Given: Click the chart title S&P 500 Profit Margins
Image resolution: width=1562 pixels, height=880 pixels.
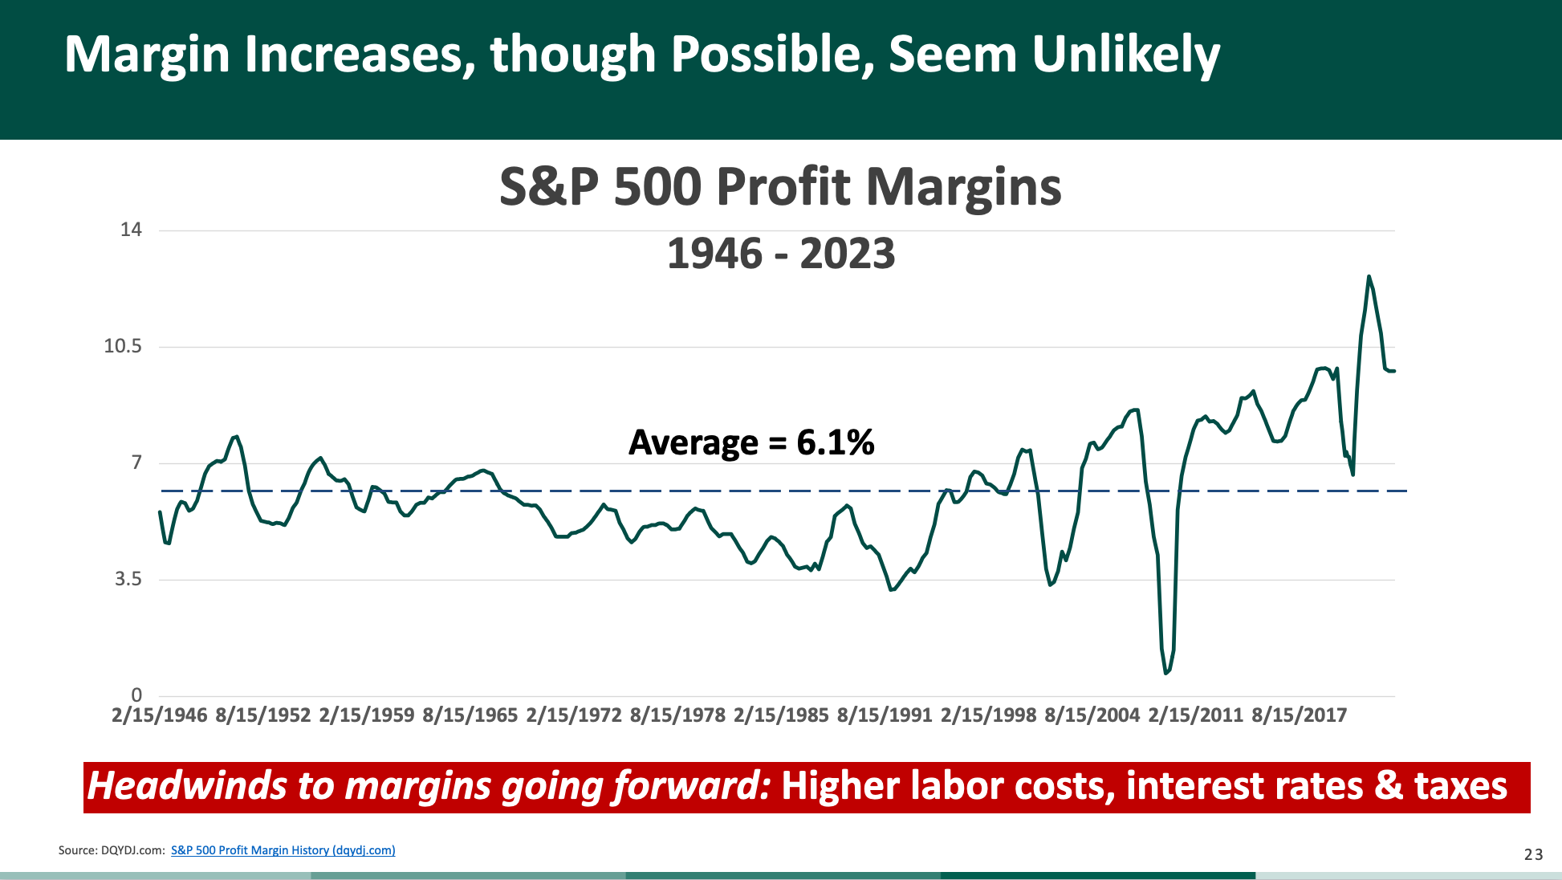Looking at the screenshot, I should point(780,187).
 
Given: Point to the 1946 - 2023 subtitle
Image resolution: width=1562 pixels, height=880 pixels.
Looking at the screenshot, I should point(780,254).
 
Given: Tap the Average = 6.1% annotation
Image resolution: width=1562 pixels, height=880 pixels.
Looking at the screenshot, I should point(750,442).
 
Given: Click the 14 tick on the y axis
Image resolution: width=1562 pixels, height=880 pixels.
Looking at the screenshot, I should point(131,230).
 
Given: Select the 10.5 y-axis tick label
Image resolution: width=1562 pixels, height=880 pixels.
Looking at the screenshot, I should point(123,346).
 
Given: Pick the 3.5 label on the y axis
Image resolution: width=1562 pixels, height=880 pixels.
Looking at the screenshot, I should point(128,579).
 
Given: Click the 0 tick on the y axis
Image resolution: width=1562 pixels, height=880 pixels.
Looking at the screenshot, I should point(136,695).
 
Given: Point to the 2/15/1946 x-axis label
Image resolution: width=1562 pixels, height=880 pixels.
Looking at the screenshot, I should point(159,715).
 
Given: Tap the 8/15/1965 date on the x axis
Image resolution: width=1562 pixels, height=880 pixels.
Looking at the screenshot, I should point(470,715).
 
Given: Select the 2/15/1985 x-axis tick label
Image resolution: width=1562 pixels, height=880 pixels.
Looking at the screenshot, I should point(780,715).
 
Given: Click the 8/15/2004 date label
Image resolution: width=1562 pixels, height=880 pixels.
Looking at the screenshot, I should point(1092,715).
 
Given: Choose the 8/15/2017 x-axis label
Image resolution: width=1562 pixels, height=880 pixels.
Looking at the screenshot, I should point(1299,715).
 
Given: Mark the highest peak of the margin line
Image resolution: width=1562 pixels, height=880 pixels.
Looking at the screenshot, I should point(1369,276).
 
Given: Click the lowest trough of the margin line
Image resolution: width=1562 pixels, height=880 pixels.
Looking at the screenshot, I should point(1165,673).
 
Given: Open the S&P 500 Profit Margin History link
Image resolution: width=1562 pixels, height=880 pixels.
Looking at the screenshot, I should point(283,850).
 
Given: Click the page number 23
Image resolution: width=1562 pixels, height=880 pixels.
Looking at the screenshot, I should point(1533,854).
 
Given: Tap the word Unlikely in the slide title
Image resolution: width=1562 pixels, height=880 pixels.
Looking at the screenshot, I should point(1125,55).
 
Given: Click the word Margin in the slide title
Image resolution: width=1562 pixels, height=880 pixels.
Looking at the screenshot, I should point(147,55).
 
